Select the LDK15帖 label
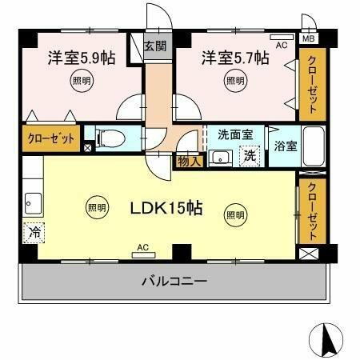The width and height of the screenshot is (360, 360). point(166,209)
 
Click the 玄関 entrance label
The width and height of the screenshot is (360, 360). point(154,46)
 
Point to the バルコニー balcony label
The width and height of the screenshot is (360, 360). point(175,282)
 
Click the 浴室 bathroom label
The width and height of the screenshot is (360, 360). point(285,147)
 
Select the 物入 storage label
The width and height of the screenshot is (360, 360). point(189,161)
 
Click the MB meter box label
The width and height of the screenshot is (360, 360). point(308,37)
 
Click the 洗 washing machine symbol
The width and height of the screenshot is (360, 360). point(250,155)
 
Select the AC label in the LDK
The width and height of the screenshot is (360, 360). point(142,247)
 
